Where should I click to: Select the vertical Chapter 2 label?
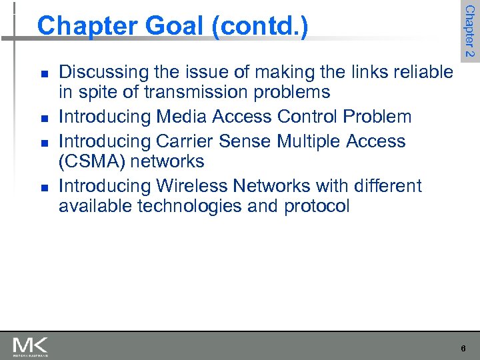(469, 31)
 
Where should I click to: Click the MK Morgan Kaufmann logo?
(30, 347)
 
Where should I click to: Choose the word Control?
(306, 117)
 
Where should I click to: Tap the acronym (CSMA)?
(91, 161)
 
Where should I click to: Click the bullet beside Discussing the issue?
(43, 73)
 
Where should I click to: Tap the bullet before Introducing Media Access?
(43, 118)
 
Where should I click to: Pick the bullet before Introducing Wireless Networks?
(43, 187)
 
